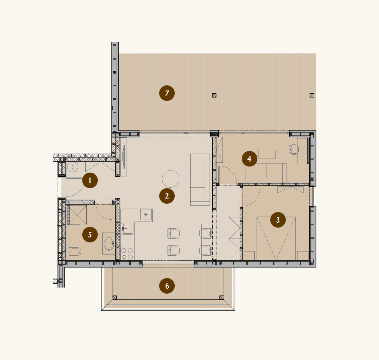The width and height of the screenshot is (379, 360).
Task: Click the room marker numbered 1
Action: (90, 180)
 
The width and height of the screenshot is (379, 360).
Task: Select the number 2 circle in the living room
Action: (167, 196)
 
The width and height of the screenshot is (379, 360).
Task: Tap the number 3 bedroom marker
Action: (278, 220)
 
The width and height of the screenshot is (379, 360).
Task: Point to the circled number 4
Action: (249, 159)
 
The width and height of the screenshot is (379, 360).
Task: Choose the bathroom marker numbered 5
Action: (90, 234)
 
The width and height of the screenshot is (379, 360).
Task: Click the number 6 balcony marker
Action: (167, 286)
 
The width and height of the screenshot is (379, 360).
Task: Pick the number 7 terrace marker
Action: (167, 93)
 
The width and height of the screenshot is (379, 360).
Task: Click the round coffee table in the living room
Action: (171, 179)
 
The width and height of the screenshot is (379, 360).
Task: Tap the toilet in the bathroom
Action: (75, 251)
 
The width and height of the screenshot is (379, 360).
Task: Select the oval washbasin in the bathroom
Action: (109, 243)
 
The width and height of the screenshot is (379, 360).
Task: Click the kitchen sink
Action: (127, 229)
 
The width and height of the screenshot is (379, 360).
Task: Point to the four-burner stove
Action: (127, 254)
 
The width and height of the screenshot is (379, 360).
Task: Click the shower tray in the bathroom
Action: (77, 215)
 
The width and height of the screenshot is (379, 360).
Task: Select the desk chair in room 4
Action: (293, 149)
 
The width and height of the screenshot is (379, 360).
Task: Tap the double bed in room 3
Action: (276, 238)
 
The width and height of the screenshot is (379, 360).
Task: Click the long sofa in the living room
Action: (200, 179)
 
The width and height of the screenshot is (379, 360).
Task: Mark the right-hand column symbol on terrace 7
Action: (312, 95)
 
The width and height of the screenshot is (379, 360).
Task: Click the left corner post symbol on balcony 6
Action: (114, 297)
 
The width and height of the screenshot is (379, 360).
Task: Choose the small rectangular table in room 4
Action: (266, 154)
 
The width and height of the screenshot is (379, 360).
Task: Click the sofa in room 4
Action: (266, 172)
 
